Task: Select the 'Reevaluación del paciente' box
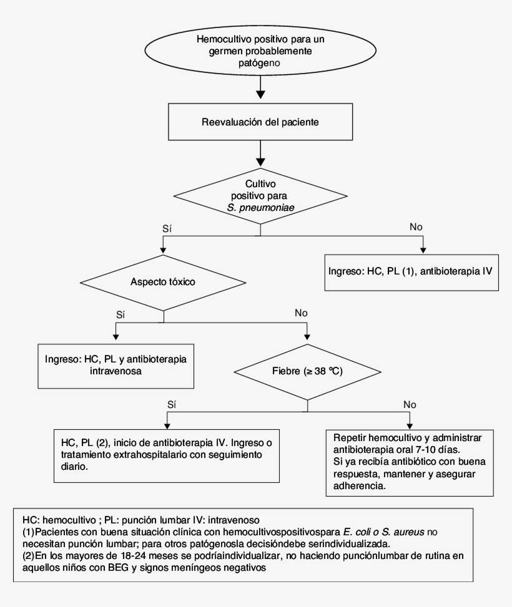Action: (x=260, y=122)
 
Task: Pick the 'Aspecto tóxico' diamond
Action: (x=163, y=281)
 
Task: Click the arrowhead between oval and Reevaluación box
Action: (x=260, y=94)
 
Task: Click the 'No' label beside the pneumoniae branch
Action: (x=416, y=226)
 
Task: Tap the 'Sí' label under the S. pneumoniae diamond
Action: (x=167, y=228)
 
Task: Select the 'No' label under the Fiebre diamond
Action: (x=409, y=404)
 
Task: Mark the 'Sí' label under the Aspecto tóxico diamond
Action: (x=121, y=314)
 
